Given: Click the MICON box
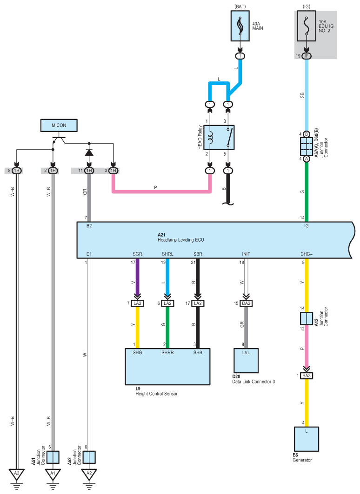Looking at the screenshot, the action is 59,125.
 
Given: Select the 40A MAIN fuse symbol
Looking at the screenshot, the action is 240,26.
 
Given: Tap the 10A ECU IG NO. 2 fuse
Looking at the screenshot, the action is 306,26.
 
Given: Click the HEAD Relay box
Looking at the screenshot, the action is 219,138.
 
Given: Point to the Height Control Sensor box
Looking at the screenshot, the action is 168,366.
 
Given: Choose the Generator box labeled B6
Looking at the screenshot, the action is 307,439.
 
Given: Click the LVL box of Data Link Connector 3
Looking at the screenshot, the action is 246,361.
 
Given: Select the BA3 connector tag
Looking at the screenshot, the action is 307,375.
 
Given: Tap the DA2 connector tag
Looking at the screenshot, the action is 246,303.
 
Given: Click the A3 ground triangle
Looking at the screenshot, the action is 16,473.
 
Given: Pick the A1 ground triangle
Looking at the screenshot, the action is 53,473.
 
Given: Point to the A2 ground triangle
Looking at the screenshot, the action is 89,473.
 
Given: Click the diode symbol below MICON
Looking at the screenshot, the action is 89,152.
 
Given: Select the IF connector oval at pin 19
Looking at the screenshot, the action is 307,56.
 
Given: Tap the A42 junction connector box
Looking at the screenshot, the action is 307,318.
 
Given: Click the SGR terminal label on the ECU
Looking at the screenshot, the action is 138,254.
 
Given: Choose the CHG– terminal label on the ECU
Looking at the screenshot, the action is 307,254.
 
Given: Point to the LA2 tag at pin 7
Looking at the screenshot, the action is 138,303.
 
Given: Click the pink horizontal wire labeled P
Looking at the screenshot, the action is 161,191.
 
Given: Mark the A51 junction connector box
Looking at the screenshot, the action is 53,457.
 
